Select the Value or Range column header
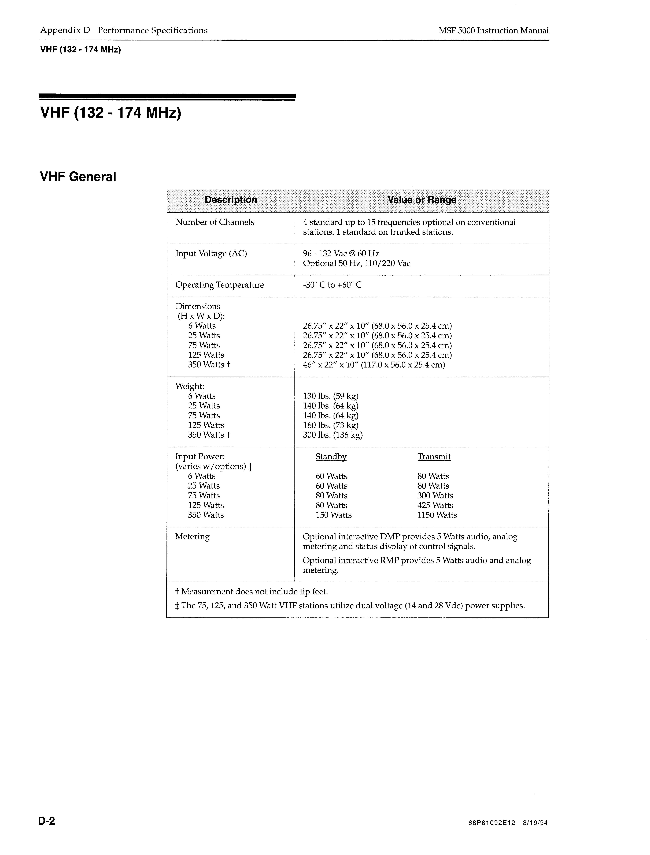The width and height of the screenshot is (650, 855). pyautogui.click(x=422, y=200)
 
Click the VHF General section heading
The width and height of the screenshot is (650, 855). pyautogui.click(x=78, y=177)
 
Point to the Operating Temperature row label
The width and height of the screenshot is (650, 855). pyautogui.click(x=219, y=285)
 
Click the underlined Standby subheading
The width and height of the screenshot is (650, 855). pyautogui.click(x=331, y=457)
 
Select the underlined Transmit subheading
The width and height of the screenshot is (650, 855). pyautogui.click(x=434, y=457)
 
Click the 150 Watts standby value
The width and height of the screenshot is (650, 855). pyautogui.click(x=334, y=515)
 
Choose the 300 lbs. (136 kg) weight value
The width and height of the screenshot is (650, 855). pyautogui.click(x=333, y=435)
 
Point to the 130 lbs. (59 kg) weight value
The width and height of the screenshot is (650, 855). pyautogui.click(x=331, y=396)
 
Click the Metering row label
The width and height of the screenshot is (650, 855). pyautogui.click(x=192, y=537)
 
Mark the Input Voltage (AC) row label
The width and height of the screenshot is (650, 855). pyautogui.click(x=211, y=254)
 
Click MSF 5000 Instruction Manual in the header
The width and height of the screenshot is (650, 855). pyautogui.click(x=493, y=31)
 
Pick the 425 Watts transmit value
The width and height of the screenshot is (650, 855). pyautogui.click(x=435, y=505)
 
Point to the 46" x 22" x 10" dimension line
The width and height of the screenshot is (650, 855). pyautogui.click(x=374, y=365)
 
